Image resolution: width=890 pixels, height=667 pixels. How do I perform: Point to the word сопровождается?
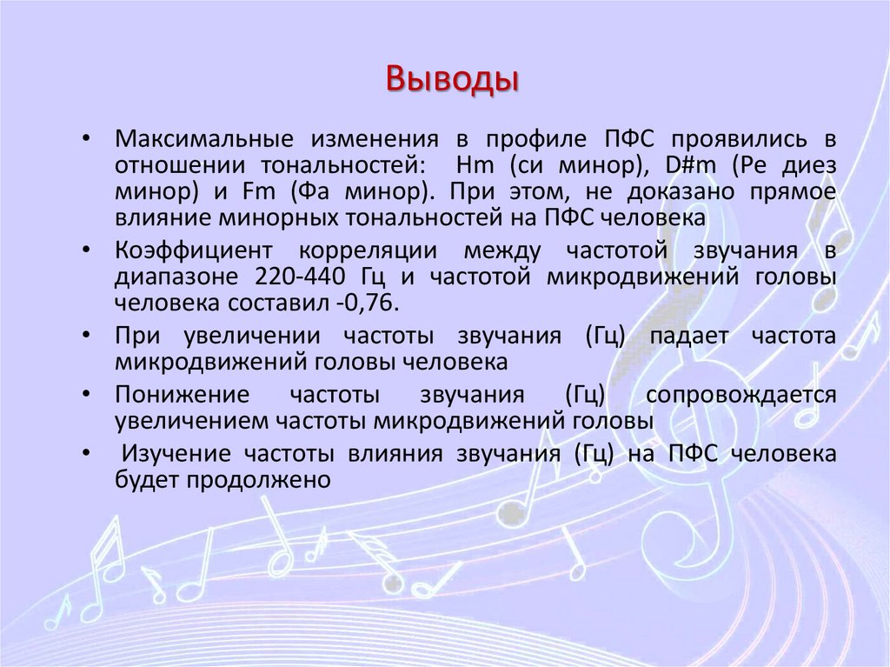[741, 396]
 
